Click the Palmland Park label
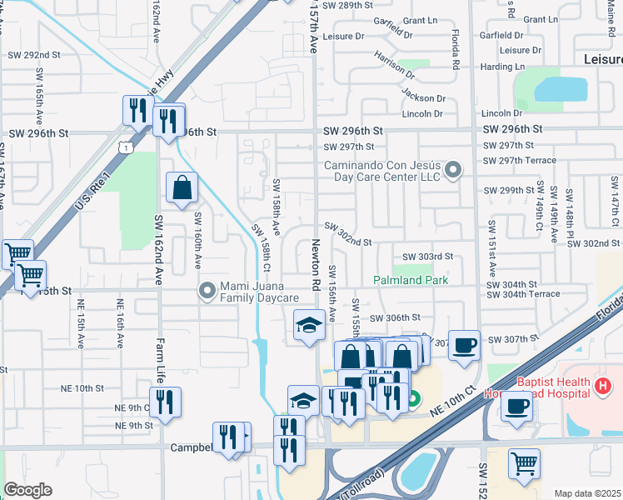point(411,281)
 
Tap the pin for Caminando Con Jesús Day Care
point(453,171)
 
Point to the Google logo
point(27,490)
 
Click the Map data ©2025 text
point(588,493)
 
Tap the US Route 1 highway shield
point(124,147)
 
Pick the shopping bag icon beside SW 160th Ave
point(182,187)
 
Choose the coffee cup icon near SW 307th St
point(464,344)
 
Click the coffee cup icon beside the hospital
point(518,407)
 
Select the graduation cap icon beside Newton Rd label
point(309,324)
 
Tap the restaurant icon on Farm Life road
point(165,402)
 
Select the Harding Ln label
point(503,67)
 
